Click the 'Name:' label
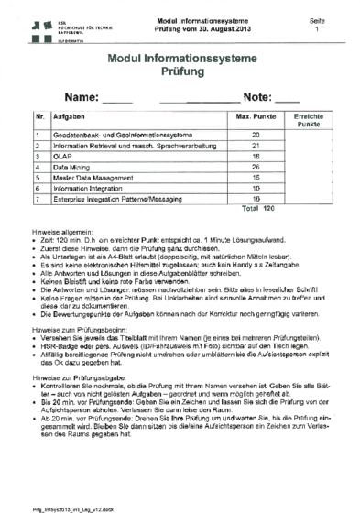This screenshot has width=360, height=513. click(84, 98)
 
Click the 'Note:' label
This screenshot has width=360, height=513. click(258, 98)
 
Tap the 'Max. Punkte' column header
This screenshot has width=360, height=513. click(256, 119)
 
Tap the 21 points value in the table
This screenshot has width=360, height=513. click(256, 145)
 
